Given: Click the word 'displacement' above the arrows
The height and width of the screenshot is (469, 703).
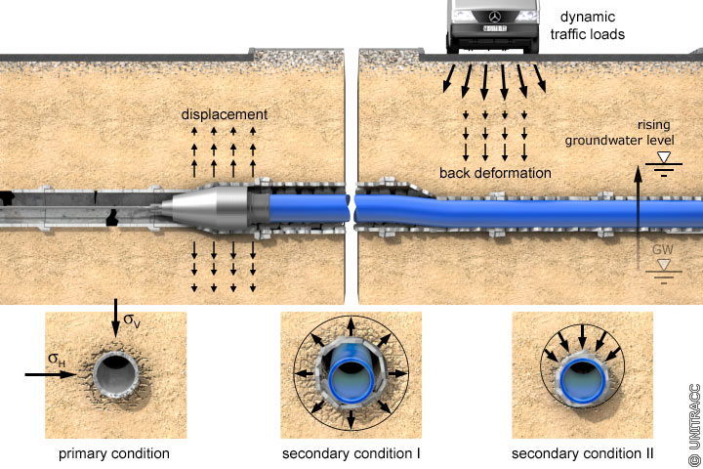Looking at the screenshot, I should tap(225, 115).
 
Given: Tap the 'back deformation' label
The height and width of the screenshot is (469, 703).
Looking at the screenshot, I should tap(495, 173).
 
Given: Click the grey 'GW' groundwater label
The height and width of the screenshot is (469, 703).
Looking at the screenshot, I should tap(663, 250).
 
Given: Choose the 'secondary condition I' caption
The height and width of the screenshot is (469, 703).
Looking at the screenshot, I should tap(351, 454).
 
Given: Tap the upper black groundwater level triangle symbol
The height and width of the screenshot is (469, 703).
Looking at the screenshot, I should tap(665, 155).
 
